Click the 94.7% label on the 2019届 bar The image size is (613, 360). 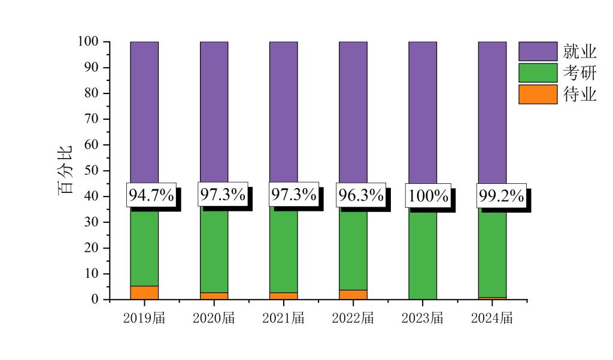point(151,195)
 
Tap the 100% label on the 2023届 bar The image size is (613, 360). point(428,196)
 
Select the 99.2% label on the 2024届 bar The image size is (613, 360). point(501,196)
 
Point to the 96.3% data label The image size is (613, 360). point(360,195)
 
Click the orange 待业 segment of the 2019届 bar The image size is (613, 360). point(144,292)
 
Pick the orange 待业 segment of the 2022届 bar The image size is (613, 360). point(353,295)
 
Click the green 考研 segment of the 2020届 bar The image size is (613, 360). point(214,252)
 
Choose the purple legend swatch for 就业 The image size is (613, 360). point(538,51)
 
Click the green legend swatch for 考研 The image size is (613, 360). point(538,72)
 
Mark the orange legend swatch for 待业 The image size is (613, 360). point(538,94)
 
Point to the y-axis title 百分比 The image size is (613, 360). point(65,170)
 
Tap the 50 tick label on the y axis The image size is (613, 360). point(92,171)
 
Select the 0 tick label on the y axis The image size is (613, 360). point(95,300)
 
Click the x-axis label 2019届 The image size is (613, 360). point(144,318)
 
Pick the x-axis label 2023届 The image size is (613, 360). point(422,318)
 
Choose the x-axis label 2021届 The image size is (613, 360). point(283,318)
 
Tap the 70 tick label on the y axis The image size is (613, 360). point(92,119)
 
